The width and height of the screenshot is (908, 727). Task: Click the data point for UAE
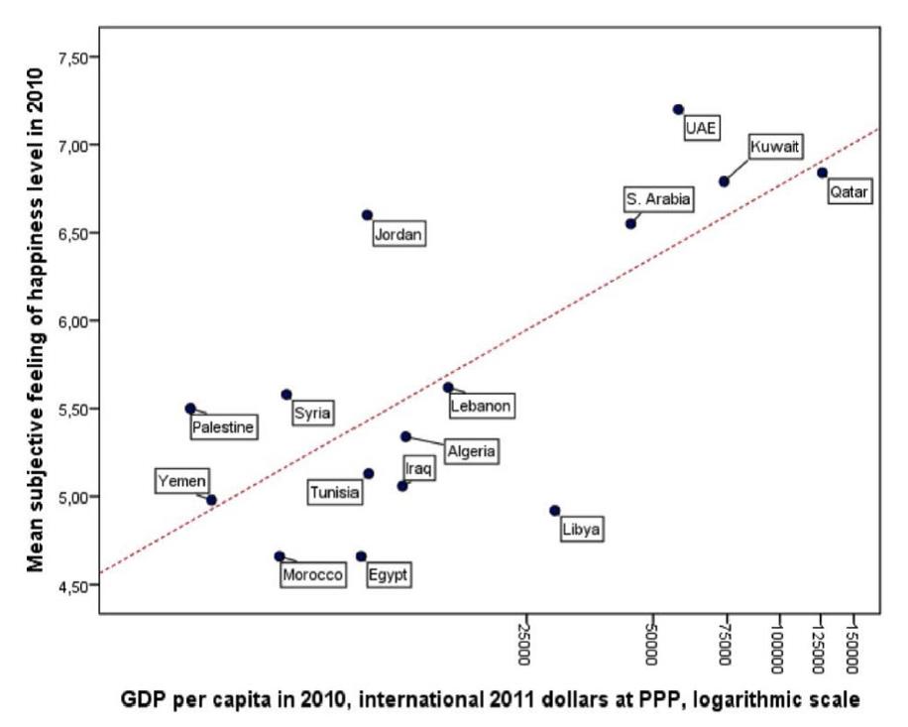(x=678, y=109)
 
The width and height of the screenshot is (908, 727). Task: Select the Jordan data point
(x=367, y=214)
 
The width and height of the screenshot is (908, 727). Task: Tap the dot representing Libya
(x=555, y=511)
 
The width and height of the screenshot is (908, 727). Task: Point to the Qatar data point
(x=822, y=173)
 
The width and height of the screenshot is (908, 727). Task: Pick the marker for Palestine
(x=190, y=408)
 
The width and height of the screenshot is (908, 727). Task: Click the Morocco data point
(x=280, y=556)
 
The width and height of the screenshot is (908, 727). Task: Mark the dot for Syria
(x=286, y=395)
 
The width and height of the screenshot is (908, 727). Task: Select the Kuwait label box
(x=773, y=147)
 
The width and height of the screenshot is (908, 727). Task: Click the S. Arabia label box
(x=658, y=199)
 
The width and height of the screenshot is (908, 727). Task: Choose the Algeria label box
(x=470, y=451)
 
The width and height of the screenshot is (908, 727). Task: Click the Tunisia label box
(x=334, y=492)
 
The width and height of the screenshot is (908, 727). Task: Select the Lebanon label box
(x=481, y=405)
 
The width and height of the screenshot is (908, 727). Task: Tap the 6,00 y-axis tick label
(x=72, y=320)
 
